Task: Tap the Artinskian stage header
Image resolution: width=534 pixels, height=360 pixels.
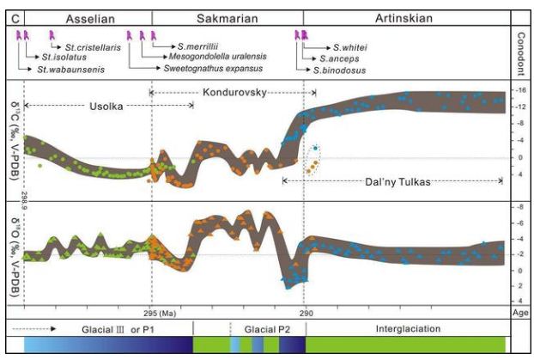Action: coord(404,17)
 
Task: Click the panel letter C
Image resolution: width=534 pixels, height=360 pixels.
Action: coord(12,17)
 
